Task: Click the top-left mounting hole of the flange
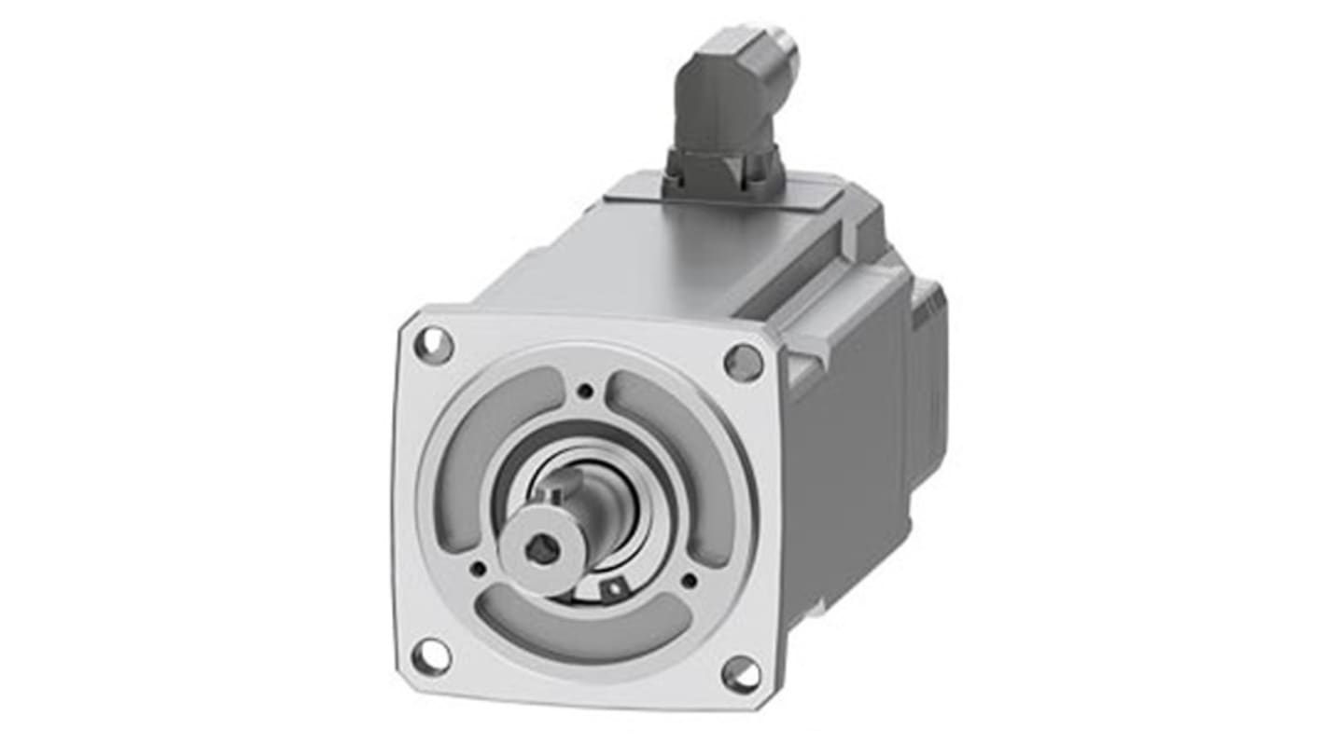click(434, 346)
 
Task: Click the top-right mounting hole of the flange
click(743, 362)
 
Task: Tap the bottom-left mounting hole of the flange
click(430, 656)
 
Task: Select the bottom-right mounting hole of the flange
click(741, 674)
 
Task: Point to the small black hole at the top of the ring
click(585, 391)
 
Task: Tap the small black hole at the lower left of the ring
click(478, 567)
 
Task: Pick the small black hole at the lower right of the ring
click(689, 581)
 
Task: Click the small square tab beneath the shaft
click(612, 589)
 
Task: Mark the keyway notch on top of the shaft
click(557, 483)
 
